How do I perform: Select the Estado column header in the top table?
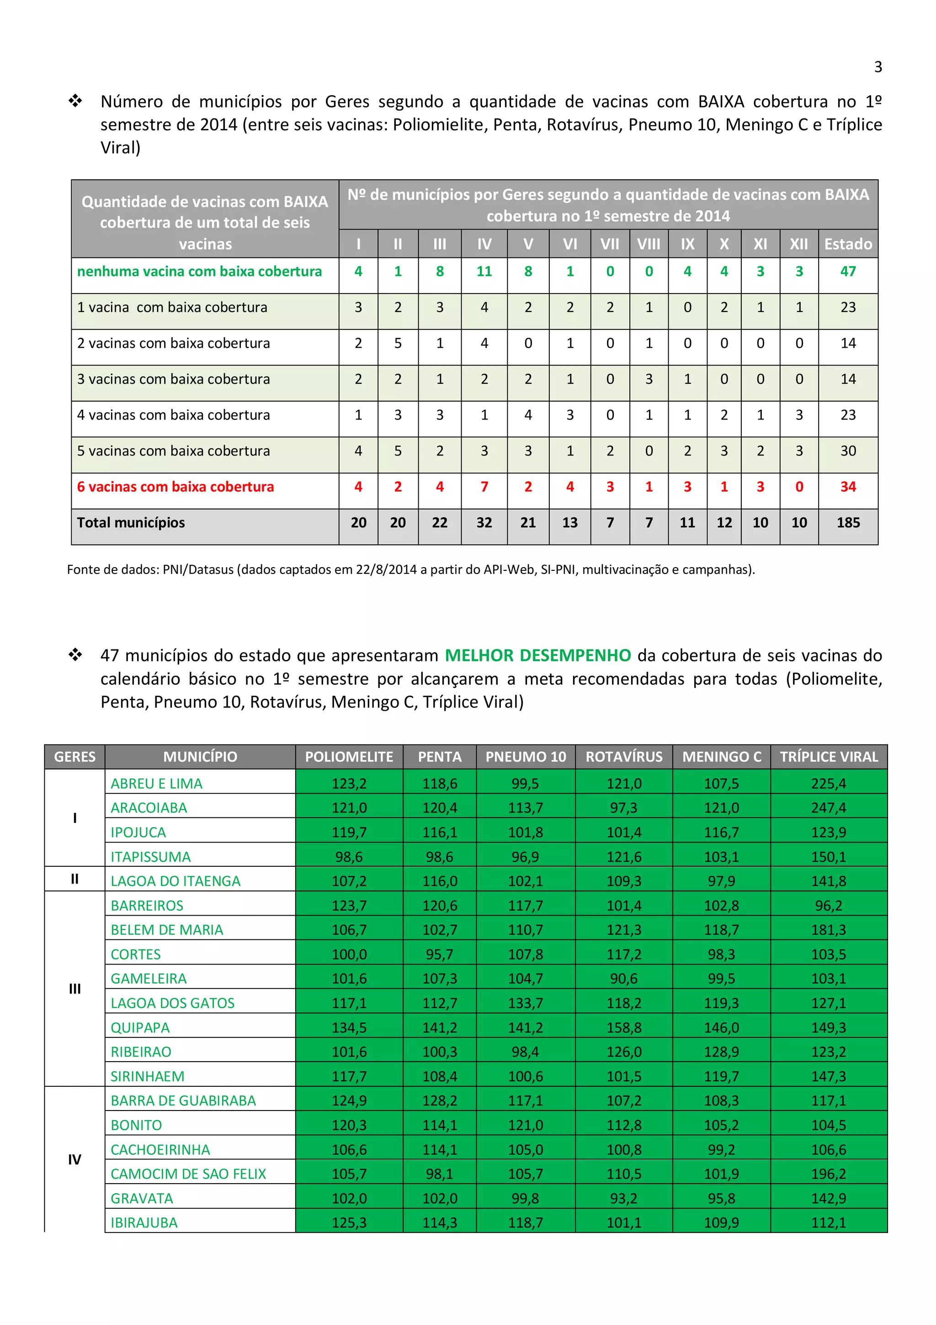coord(847,244)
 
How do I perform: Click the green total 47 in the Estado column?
coord(847,271)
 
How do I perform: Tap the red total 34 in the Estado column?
coord(847,487)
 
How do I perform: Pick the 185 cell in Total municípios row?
coord(847,522)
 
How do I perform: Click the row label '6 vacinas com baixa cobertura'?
coord(175,487)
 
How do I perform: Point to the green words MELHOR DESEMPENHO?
coord(537,655)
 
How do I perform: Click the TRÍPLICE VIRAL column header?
coord(828,756)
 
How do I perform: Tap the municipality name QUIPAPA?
coord(140,1027)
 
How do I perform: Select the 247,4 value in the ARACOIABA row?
coord(828,807)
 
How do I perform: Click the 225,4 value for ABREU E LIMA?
coord(828,783)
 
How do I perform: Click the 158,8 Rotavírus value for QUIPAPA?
coord(623,1027)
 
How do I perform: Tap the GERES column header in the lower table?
coord(74,756)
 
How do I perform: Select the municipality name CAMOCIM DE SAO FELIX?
coord(188,1173)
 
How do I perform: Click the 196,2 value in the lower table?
coord(828,1173)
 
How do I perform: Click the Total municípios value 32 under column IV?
coord(484,522)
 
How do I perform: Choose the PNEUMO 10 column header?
coord(526,756)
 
